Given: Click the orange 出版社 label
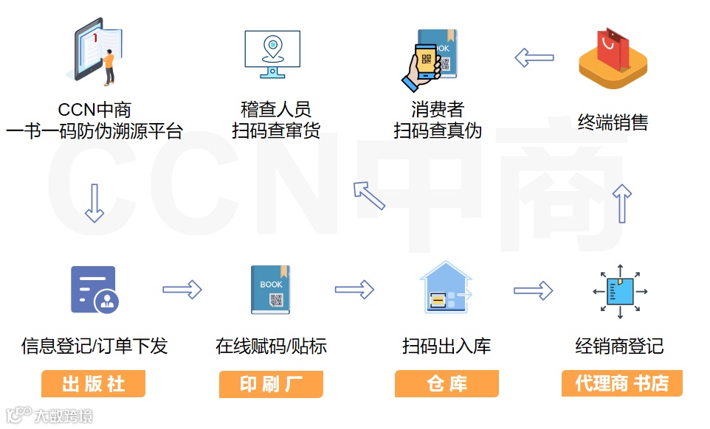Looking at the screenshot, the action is (93, 384).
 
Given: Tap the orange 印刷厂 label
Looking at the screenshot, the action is (271, 384).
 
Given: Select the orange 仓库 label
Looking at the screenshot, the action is (447, 384).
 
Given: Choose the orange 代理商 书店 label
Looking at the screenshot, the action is (621, 384).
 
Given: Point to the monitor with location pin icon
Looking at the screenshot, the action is (272, 54).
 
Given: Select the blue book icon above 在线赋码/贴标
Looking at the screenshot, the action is (270, 290).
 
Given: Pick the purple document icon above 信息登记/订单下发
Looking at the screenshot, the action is (94, 289).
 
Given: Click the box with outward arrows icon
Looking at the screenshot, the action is (620, 290).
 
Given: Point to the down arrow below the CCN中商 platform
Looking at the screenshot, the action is (94, 203).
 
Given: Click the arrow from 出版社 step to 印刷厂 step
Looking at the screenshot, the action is (182, 290).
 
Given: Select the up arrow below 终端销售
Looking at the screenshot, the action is (624, 203).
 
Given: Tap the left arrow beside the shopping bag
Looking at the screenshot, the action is (534, 57).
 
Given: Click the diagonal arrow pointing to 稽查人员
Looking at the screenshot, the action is (368, 195).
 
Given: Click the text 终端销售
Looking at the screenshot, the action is (613, 122).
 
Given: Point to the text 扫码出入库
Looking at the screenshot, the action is (446, 346).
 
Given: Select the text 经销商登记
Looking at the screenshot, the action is (619, 346).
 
